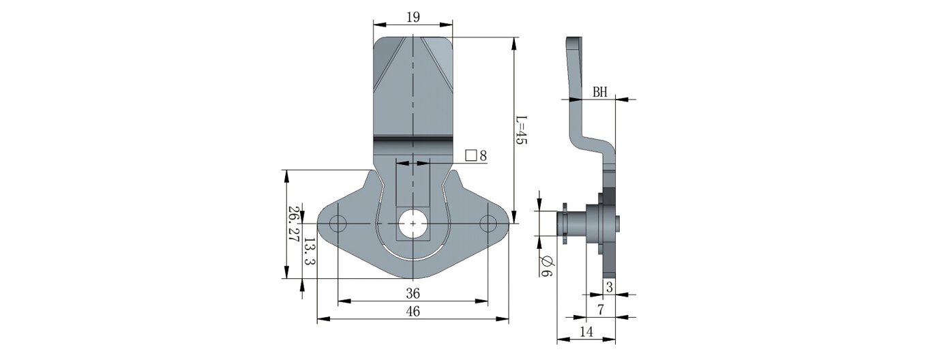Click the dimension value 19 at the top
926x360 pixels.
(412, 18)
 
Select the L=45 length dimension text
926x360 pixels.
(522, 129)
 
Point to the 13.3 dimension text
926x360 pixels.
(310, 252)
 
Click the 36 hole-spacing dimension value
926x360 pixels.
(412, 294)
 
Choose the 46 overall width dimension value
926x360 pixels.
(412, 312)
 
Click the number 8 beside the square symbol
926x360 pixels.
(483, 155)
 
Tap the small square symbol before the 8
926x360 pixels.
(471, 155)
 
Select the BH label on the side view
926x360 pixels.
(599, 92)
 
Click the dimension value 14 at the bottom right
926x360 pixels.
(585, 332)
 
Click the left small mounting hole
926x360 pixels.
(338, 224)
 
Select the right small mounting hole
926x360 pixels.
(488, 224)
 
